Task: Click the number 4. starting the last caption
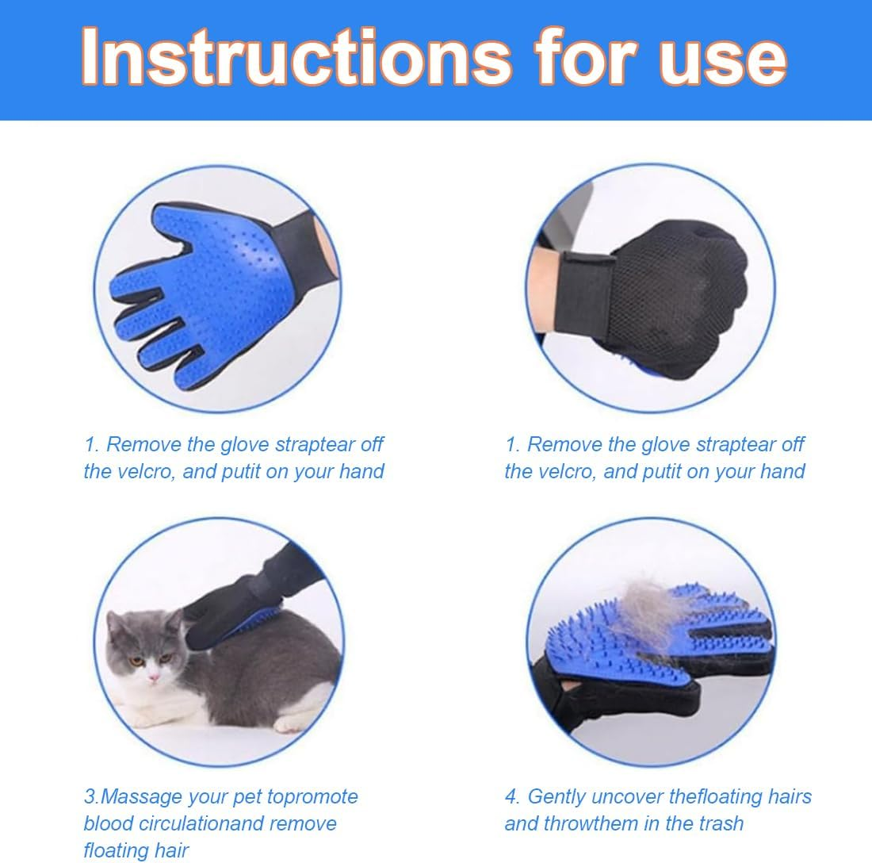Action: coord(512,796)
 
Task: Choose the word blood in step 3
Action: coord(109,823)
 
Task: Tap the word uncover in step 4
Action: coord(638,796)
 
